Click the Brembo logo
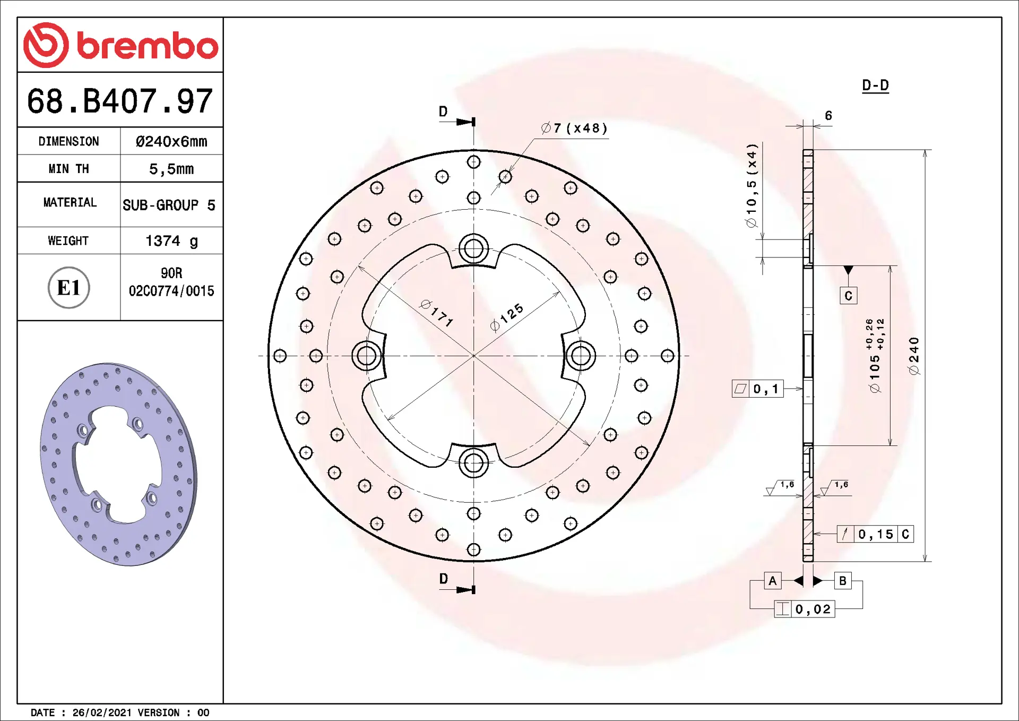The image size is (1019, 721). (120, 45)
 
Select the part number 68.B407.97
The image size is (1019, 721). (120, 101)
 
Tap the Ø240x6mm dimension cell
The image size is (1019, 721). (171, 141)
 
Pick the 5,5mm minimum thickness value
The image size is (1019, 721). (171, 169)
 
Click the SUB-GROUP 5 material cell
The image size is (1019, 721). (169, 205)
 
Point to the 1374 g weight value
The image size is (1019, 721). (171, 241)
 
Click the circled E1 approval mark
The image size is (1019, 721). (69, 287)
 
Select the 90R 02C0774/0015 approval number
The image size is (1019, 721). (171, 282)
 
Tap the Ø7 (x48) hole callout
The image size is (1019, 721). (574, 128)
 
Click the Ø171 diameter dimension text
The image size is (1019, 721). (437, 313)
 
